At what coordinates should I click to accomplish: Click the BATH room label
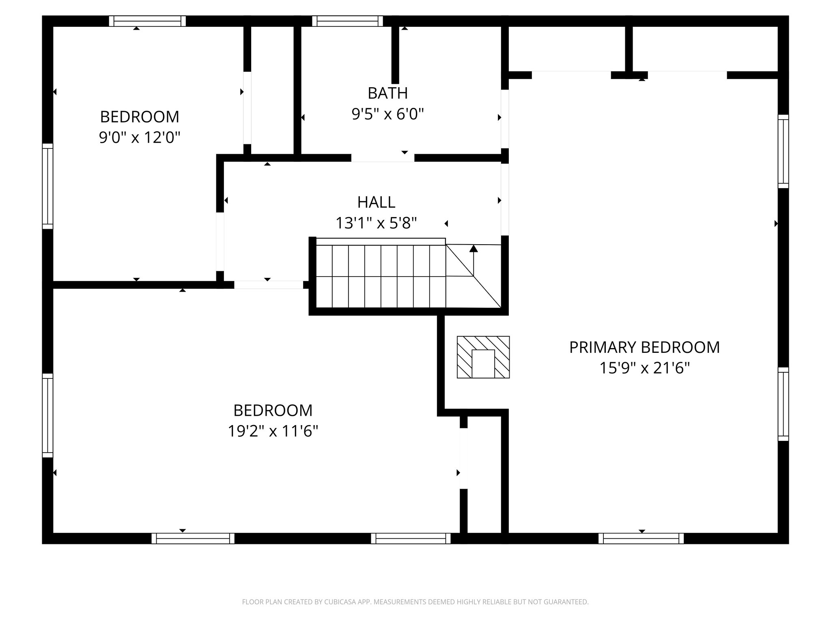[x=388, y=93]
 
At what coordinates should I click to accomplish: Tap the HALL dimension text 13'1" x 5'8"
[x=376, y=223]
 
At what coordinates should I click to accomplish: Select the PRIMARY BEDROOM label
[x=644, y=348]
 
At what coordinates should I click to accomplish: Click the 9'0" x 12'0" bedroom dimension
[x=139, y=138]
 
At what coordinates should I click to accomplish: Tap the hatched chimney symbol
[x=483, y=357]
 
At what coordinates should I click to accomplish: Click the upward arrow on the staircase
[x=473, y=260]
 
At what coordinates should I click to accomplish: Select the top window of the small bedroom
[x=147, y=21]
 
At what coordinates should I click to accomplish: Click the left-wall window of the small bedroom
[x=48, y=186]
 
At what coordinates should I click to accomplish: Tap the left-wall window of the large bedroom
[x=48, y=415]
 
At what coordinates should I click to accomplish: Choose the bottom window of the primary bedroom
[x=641, y=538]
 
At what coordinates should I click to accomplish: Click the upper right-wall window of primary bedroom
[x=783, y=151]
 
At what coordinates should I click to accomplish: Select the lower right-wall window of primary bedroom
[x=783, y=404]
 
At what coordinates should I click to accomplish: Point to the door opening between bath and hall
[x=383, y=158]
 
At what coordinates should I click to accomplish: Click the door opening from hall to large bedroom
[x=269, y=285]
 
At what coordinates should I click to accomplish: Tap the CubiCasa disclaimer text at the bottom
[x=415, y=602]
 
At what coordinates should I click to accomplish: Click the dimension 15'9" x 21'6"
[x=644, y=369]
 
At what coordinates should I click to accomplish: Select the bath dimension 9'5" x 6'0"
[x=388, y=114]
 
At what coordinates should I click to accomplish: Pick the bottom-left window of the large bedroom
[x=193, y=538]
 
